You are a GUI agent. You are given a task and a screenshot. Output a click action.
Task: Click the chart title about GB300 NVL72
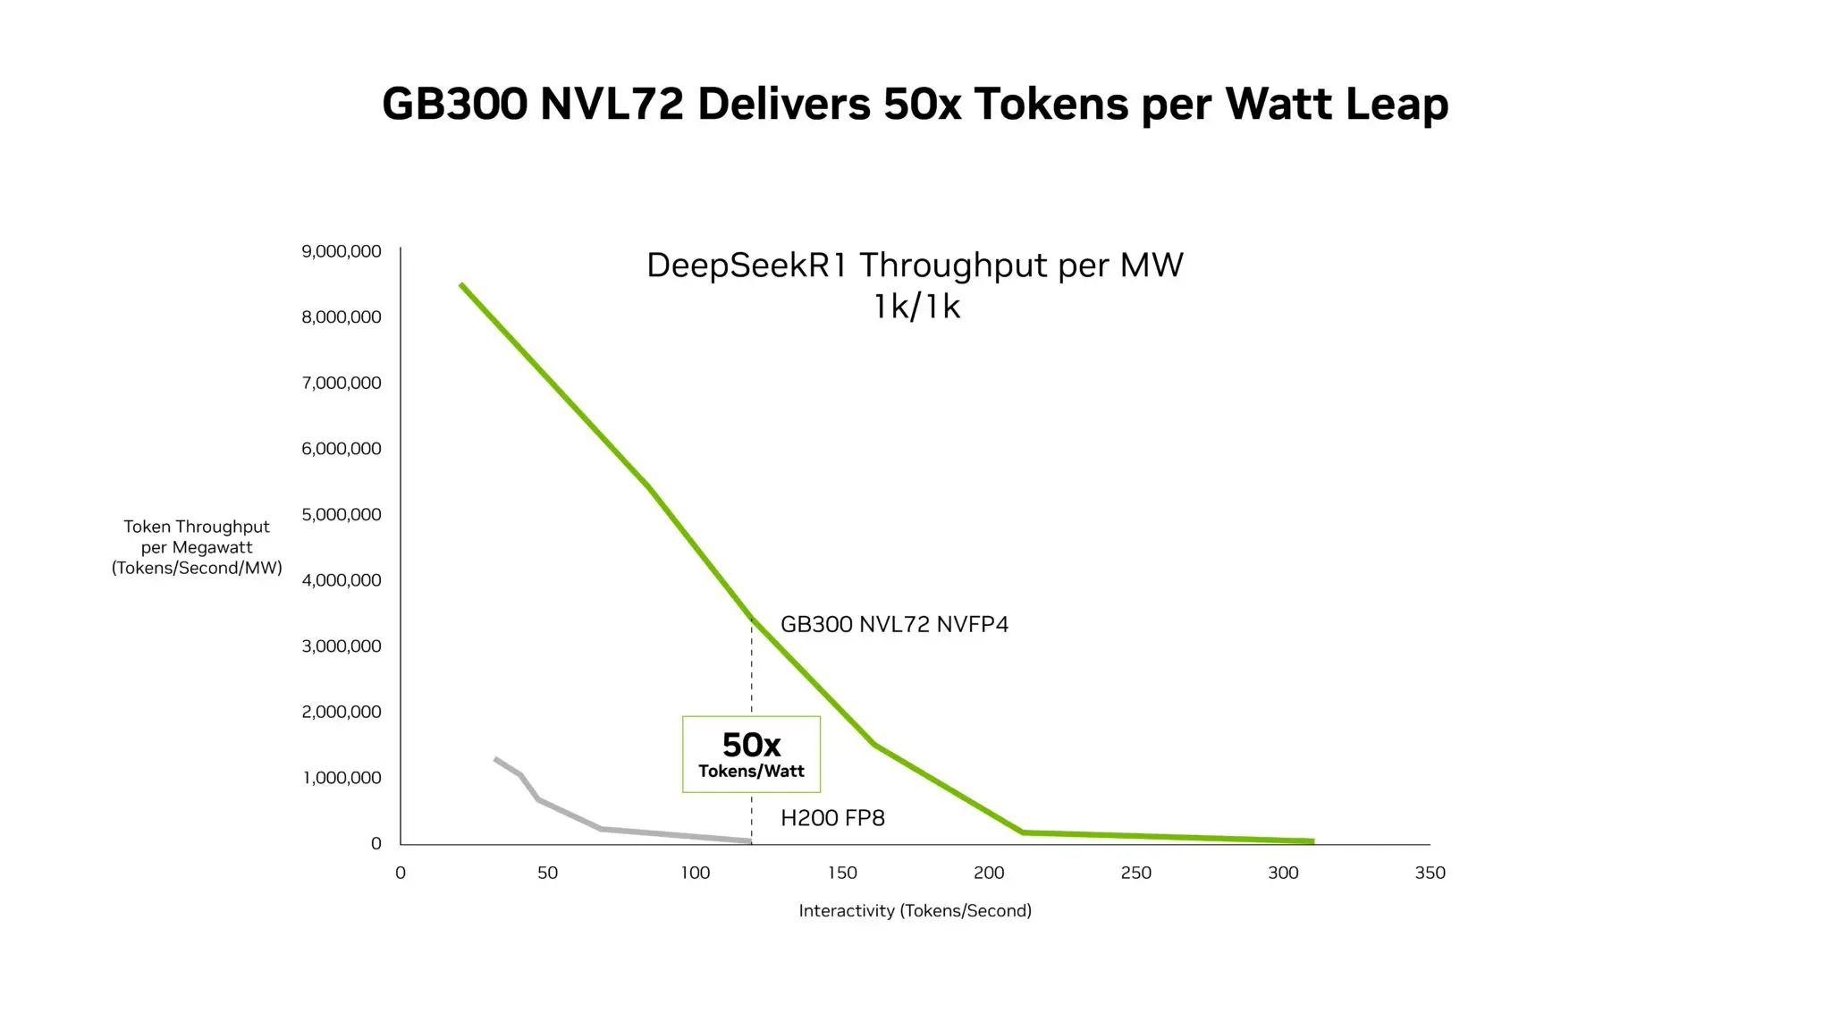915,104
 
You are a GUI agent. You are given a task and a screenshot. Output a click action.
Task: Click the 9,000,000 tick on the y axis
342,251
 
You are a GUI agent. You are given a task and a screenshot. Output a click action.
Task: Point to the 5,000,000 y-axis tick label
342,514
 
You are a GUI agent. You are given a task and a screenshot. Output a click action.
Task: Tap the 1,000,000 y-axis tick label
342,778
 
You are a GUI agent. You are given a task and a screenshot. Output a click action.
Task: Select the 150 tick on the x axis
842,873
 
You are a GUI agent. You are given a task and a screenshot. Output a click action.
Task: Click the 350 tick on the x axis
1430,873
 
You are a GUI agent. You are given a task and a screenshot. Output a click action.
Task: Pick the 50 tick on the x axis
547,873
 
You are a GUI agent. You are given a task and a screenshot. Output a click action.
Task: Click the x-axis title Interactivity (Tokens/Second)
915,910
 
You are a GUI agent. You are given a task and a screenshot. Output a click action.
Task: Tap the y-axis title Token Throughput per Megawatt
197,547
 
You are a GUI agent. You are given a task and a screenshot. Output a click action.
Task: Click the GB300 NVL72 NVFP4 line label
894,624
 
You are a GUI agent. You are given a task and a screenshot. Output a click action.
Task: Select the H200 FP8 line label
832,818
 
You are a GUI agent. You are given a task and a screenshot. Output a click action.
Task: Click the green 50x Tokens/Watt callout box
751,754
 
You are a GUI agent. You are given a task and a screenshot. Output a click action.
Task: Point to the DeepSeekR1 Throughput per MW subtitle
915,266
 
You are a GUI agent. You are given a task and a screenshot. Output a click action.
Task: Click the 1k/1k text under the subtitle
916,307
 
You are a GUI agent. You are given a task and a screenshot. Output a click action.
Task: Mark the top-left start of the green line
461,285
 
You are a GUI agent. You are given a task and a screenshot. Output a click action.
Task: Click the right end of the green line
1312,841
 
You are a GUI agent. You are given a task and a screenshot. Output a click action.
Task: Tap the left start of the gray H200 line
495,759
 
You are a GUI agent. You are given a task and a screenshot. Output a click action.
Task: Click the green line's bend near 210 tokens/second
1023,832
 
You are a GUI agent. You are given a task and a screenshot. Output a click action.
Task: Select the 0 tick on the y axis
375,843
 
